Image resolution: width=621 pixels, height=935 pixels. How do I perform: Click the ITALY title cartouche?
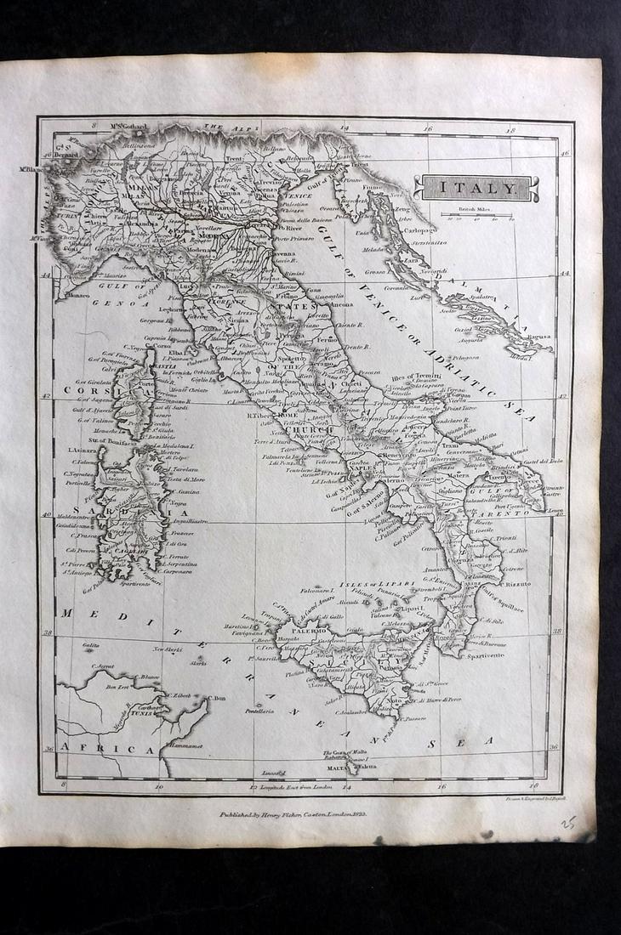point(476,188)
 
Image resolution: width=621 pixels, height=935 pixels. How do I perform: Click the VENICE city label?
point(297,195)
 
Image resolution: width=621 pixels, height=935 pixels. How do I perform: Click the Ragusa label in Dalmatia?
point(538,337)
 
